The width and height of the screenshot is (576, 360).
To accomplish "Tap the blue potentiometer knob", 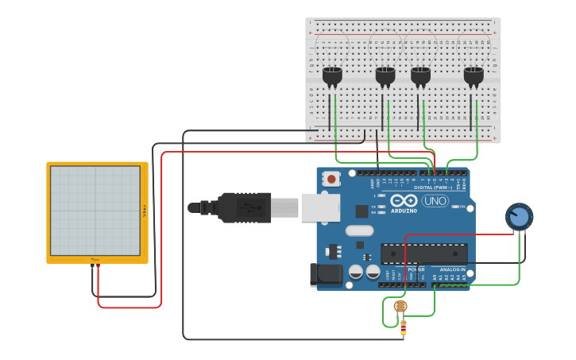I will pyautogui.click(x=519, y=216).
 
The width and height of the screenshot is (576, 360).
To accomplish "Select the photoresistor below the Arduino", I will pyautogui.click(x=400, y=306).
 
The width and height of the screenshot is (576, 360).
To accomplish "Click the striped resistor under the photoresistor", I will pyautogui.click(x=403, y=325).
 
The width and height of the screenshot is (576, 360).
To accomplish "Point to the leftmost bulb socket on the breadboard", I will pyautogui.click(x=332, y=75).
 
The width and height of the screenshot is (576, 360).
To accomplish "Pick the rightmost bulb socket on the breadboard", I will pyautogui.click(x=474, y=75).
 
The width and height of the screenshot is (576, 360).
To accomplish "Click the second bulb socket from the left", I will pyautogui.click(x=385, y=75).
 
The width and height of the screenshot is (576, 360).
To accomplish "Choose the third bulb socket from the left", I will pyautogui.click(x=420, y=75).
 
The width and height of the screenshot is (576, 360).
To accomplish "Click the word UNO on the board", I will pyautogui.click(x=435, y=201).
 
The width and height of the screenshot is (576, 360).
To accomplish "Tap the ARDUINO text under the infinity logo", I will pyautogui.click(x=404, y=211).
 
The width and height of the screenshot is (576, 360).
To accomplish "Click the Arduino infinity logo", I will pyautogui.click(x=404, y=200).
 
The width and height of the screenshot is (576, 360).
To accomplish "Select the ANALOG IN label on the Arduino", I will pyautogui.click(x=453, y=269).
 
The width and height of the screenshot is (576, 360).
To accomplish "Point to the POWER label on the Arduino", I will pyautogui.click(x=416, y=269).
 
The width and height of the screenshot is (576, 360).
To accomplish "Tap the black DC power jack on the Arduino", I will pyautogui.click(x=328, y=274).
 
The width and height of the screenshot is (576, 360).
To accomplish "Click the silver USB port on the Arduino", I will pyautogui.click(x=320, y=207).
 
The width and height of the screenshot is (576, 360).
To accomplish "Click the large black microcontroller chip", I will pyautogui.click(x=423, y=254).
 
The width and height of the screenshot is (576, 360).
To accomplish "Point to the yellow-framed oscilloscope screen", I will pyautogui.click(x=96, y=211).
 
